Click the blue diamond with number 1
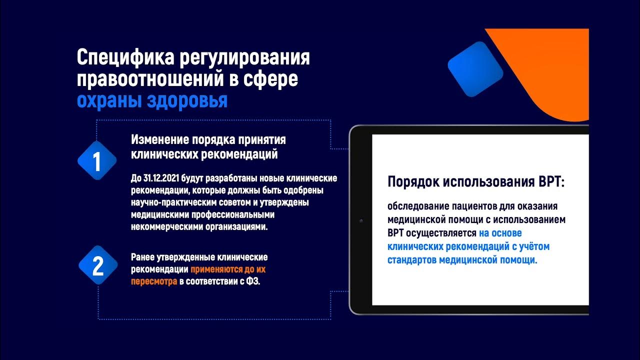[x=97, y=161]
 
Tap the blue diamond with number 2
[x=97, y=265]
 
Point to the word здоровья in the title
[x=188, y=100]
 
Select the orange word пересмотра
[x=154, y=281]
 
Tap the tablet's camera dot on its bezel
[x=360, y=220]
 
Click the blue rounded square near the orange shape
[x=475, y=69]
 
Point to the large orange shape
[x=555, y=70]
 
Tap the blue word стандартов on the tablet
[x=412, y=260]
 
